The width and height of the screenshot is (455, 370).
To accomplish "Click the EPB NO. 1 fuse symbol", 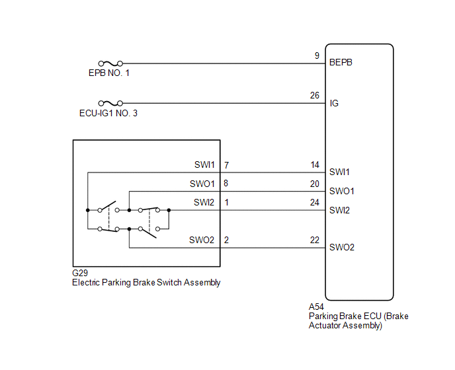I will [109, 63].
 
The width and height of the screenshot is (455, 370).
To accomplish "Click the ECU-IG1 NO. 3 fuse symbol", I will [109, 103].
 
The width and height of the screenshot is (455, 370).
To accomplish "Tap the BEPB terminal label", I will [341, 63].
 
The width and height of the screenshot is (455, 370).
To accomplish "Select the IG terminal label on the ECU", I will [334, 103].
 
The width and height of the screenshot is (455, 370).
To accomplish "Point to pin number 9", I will [317, 56].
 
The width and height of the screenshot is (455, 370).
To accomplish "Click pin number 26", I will [315, 96].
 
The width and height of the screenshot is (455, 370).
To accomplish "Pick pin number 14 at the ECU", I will [315, 165].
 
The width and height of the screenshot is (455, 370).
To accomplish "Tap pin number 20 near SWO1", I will [315, 184].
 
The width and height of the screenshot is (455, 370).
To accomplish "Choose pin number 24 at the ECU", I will [315, 203].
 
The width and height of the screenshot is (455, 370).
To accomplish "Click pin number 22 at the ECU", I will [315, 240].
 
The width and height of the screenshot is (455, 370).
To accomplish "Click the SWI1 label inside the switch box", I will [204, 165].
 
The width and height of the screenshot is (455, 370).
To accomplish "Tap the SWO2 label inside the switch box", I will [202, 240].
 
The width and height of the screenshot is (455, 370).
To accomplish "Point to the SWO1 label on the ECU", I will [342, 192].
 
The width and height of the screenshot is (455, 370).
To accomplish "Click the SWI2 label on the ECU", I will [340, 211].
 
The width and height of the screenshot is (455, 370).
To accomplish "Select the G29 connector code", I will [80, 273].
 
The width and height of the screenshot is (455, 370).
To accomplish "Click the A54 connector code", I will [317, 307].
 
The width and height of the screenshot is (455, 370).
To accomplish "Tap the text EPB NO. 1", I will [109, 73].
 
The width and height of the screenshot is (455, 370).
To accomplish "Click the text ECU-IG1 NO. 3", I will [110, 113].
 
